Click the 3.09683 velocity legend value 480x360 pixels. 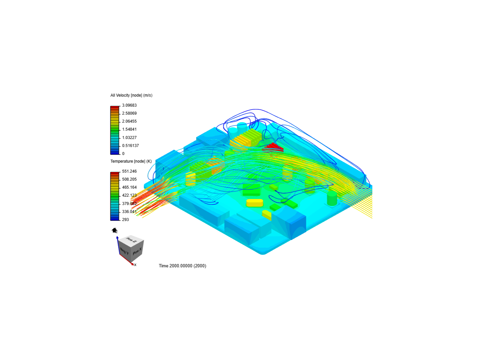129,105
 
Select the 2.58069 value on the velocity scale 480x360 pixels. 129,113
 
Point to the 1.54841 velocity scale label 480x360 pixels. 129,129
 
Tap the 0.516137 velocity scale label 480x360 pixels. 130,146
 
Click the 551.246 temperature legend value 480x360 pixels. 129,171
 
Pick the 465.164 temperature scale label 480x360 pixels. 129,187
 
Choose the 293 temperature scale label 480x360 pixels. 125,220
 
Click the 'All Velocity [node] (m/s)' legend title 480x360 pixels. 131,95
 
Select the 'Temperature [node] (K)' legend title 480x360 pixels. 131,161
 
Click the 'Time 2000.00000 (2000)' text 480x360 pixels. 182,266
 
